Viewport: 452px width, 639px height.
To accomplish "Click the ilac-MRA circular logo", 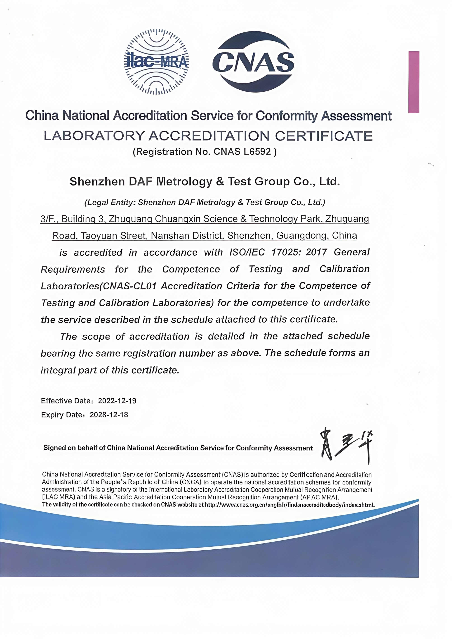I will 156,62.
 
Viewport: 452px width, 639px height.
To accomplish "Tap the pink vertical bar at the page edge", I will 414,82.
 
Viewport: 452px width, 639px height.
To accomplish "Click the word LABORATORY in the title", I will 94,136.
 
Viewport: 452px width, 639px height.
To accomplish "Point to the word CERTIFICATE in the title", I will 324,136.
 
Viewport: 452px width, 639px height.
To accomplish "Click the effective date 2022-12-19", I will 117,401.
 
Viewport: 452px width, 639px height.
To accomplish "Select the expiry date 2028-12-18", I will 109,415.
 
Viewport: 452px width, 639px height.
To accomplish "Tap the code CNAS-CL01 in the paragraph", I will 129,286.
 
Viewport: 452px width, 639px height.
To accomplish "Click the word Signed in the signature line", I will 55,448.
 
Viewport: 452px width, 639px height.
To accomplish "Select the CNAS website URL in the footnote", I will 290,505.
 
